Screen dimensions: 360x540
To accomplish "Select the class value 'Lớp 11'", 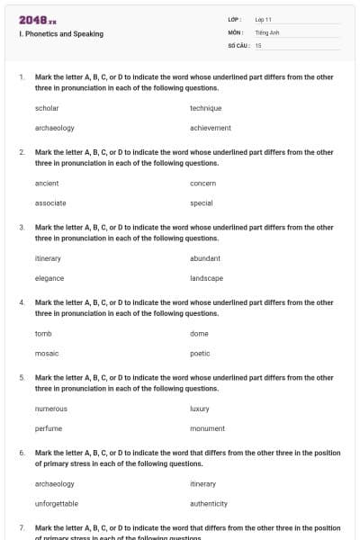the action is tap(264, 19).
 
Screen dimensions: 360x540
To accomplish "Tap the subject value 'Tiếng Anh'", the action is tap(267, 31).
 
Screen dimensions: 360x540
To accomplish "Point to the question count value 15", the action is tap(258, 45).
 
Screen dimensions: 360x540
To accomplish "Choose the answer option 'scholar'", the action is tap(47, 108).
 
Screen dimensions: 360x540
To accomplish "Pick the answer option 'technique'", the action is tap(206, 108).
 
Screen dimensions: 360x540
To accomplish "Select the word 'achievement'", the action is tap(211, 128).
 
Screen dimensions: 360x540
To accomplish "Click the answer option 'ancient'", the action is tap(47, 183).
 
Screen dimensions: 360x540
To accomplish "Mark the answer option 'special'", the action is tap(202, 203).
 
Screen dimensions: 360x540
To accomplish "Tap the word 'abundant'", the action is tap(205, 258).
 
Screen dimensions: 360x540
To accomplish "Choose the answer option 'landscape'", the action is tap(207, 278).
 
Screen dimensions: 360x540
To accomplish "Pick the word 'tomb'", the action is tap(43, 333).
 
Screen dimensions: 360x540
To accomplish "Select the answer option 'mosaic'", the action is tap(47, 354).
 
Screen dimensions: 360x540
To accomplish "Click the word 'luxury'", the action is tap(200, 409).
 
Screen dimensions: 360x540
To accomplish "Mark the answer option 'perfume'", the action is tap(49, 428).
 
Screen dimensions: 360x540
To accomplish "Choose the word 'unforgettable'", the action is tap(57, 504).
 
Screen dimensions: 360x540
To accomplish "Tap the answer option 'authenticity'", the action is tap(209, 504).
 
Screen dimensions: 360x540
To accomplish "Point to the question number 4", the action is tap(22, 302).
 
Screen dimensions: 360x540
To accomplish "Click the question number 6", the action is tap(22, 453).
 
